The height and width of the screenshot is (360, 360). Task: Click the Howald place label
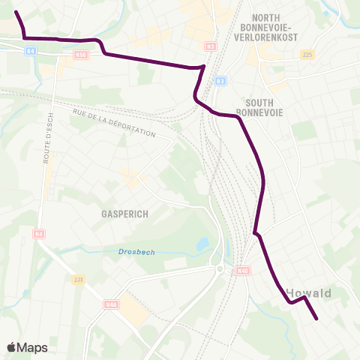tap(308, 292)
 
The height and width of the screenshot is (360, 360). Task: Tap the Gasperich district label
tap(124, 214)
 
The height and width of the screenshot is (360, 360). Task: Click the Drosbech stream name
tap(136, 252)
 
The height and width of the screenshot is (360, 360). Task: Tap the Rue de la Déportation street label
tap(114, 123)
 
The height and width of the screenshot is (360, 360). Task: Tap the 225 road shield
tap(306, 55)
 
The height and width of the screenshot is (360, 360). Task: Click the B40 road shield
tap(241, 270)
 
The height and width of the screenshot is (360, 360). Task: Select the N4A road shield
tap(112, 304)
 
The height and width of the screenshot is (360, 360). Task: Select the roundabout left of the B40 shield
tap(219, 268)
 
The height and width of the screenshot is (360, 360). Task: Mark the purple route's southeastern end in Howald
tap(316, 319)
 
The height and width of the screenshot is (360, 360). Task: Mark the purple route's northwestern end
tap(16, 12)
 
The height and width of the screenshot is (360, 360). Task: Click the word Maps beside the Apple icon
tap(33, 347)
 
